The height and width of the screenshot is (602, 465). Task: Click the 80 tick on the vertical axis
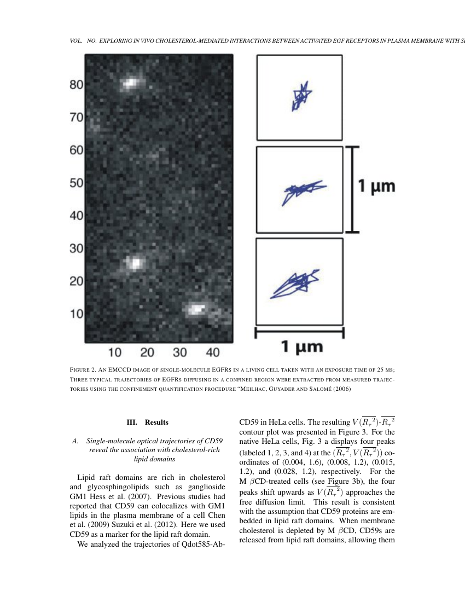click(x=76, y=85)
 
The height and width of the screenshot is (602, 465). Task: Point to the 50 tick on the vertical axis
click(x=76, y=183)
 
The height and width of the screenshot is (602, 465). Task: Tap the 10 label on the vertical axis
click(x=76, y=314)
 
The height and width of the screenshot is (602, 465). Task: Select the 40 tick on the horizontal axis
click(x=213, y=352)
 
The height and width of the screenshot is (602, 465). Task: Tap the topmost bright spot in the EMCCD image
click(x=131, y=83)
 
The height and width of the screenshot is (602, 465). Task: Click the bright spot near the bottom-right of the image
click(x=195, y=309)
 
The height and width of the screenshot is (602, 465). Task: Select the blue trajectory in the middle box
click(x=302, y=190)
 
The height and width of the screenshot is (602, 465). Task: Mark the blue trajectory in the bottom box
click(x=297, y=282)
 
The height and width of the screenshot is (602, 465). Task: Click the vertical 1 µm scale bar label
click(x=376, y=187)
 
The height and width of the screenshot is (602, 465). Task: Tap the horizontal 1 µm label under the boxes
click(x=301, y=346)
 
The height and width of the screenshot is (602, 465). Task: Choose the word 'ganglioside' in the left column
click(x=204, y=487)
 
